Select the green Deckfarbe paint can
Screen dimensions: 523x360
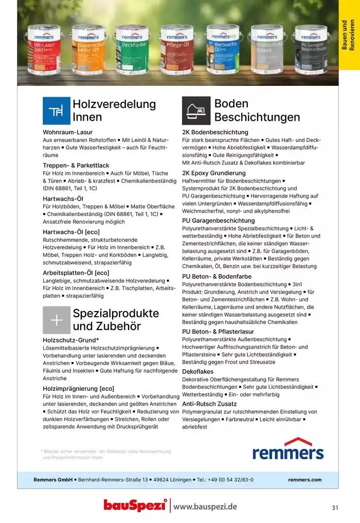[132, 49]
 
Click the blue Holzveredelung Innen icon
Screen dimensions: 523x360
[56, 110]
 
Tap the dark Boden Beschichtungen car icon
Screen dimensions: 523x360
[196, 110]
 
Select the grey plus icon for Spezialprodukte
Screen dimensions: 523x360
[56, 320]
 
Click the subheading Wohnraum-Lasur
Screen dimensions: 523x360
[67, 132]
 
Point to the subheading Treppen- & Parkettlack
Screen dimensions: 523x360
[76, 165]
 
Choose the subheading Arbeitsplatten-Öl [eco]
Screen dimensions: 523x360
[76, 273]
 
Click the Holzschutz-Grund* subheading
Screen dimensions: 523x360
[70, 340]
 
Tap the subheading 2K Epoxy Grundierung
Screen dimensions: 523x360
[214, 173]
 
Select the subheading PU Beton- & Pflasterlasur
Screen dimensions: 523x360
[218, 332]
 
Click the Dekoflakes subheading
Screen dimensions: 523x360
[198, 371]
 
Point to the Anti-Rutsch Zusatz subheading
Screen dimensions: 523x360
[209, 404]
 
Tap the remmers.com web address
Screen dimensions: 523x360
[304, 480]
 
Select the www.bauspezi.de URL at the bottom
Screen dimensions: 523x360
[205, 507]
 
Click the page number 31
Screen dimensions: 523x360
[335, 508]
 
